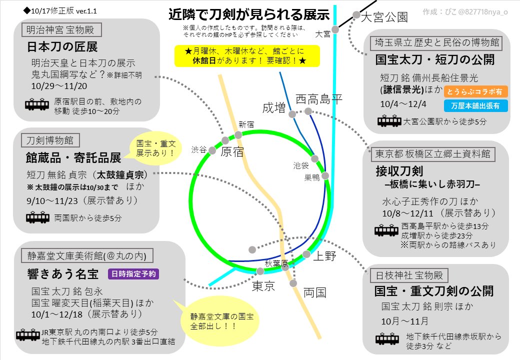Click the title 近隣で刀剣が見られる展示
(248, 14)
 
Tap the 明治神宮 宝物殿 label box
(64, 30)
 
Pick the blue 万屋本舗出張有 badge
(475, 105)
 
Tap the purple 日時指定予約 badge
(133, 273)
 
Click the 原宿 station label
(232, 152)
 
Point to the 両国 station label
(315, 292)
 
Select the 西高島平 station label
(319, 99)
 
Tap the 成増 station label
(274, 107)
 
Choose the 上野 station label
(324, 257)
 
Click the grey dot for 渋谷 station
(212, 150)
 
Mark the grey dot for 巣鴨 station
(325, 175)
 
